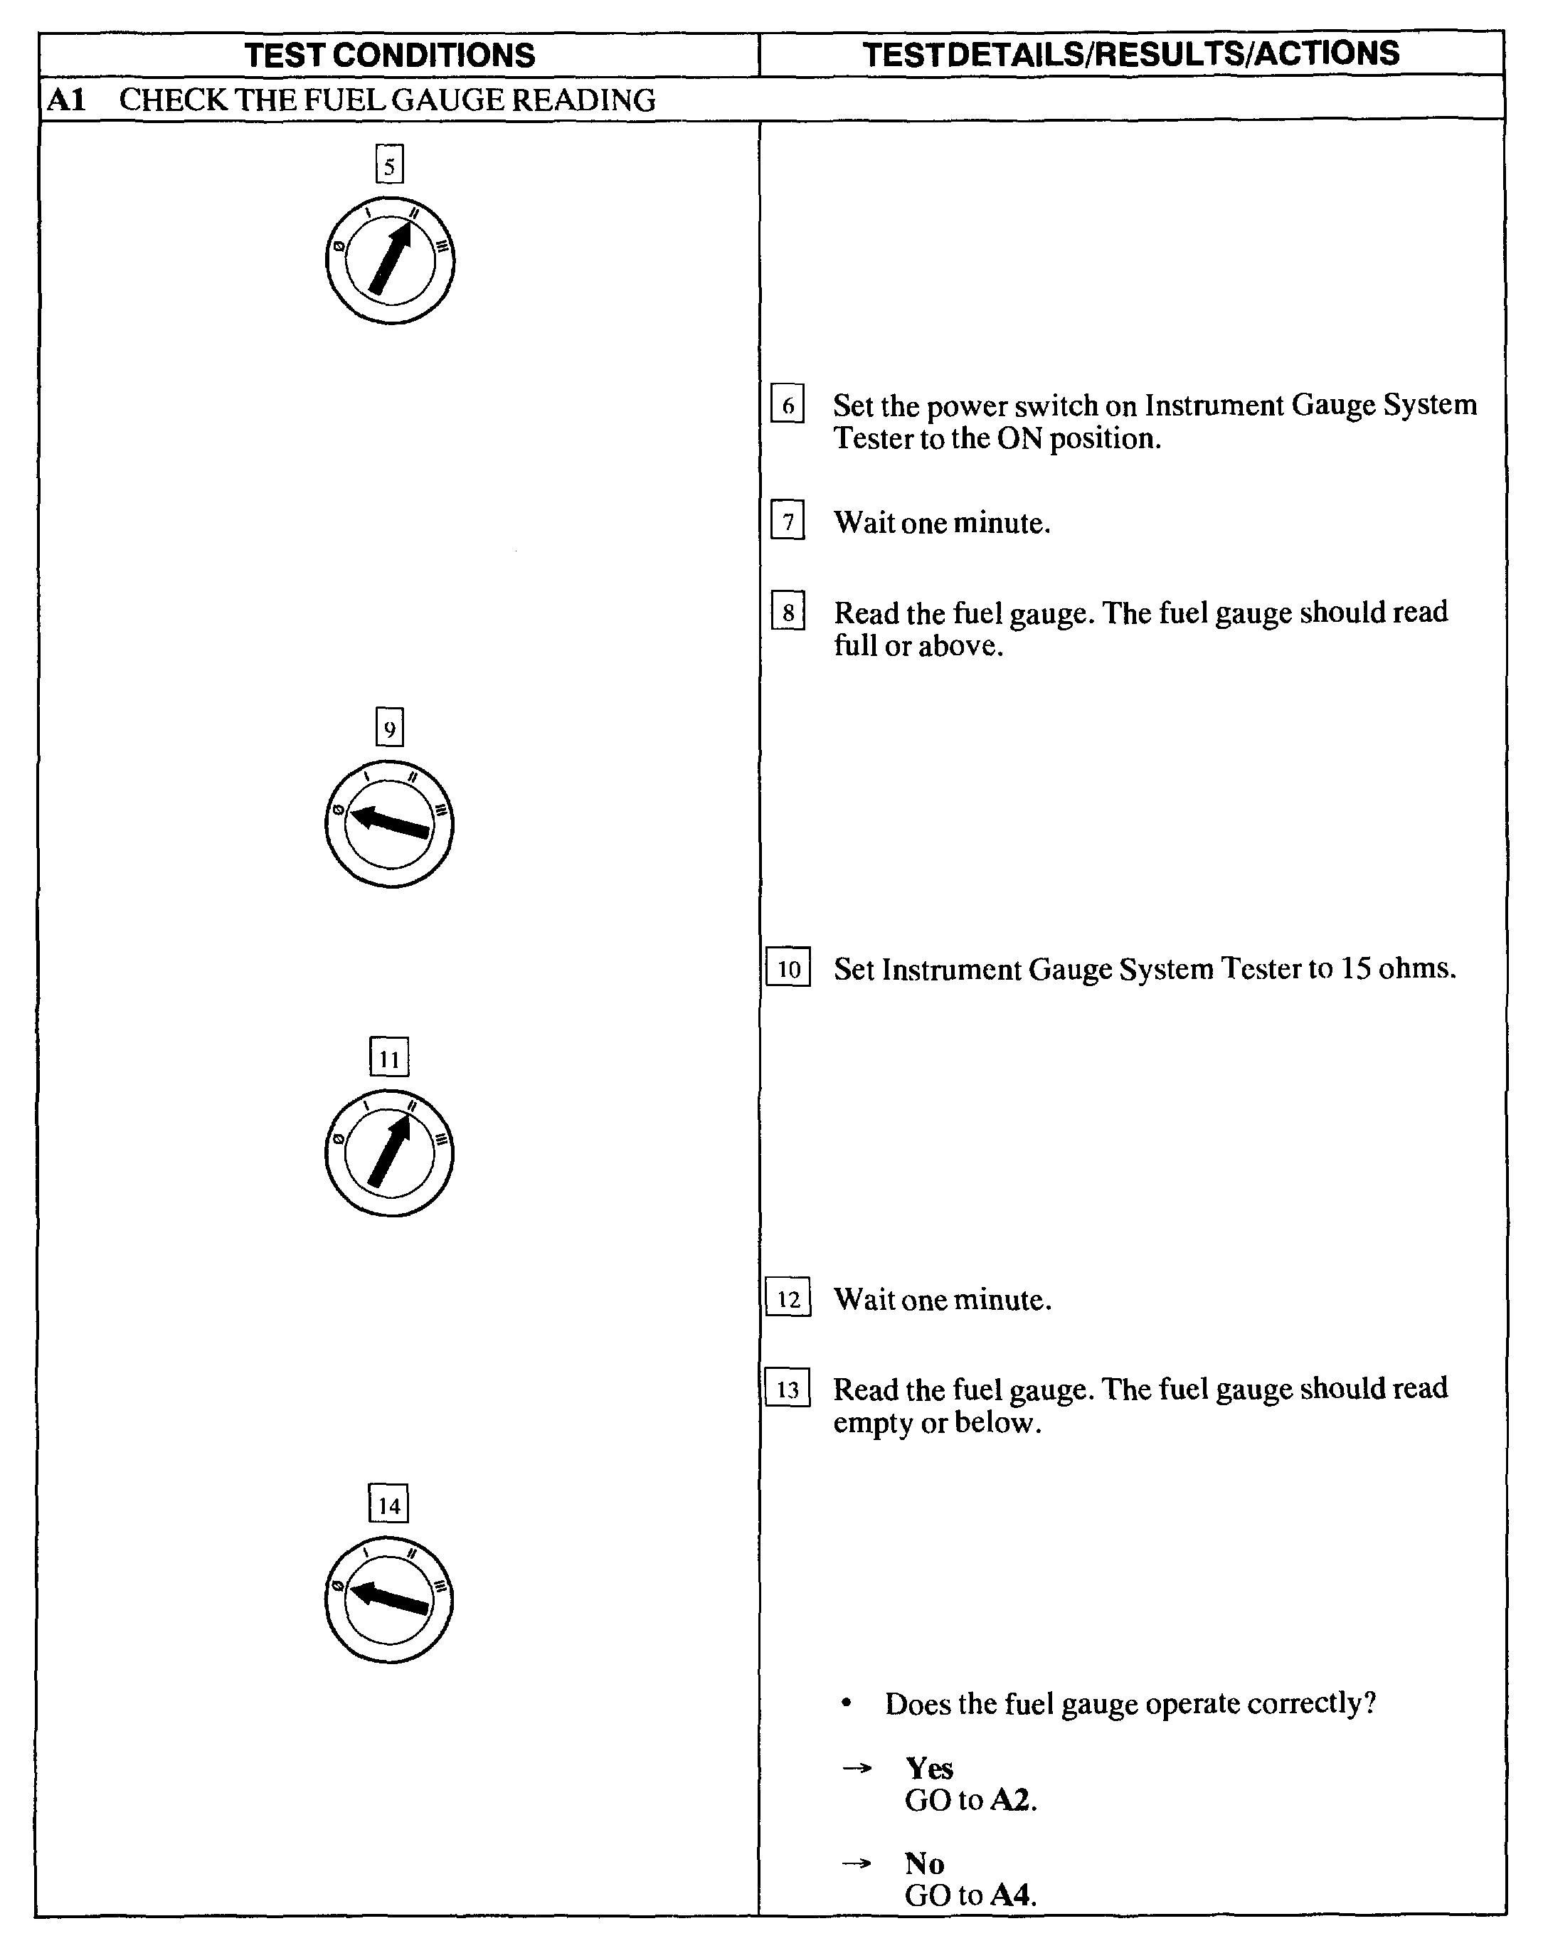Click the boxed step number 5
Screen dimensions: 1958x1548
click(390, 165)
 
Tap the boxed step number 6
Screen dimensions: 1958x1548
click(788, 404)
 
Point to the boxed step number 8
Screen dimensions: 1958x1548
click(788, 612)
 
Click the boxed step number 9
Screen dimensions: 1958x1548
click(390, 728)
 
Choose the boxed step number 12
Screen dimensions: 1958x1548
click(788, 1298)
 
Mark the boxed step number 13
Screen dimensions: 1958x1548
click(788, 1388)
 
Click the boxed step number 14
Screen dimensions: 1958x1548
click(390, 1505)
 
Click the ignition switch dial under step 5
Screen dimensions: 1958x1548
click(391, 261)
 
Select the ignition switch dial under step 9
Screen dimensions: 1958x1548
click(390, 824)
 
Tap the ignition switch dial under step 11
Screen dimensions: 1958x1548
click(390, 1153)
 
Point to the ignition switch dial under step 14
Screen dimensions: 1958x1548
click(390, 1600)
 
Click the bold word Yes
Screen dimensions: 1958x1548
click(929, 1767)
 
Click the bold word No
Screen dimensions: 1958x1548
click(924, 1863)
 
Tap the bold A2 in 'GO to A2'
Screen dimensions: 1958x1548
click(1012, 1800)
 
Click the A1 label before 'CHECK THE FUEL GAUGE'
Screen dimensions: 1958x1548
click(66, 100)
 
